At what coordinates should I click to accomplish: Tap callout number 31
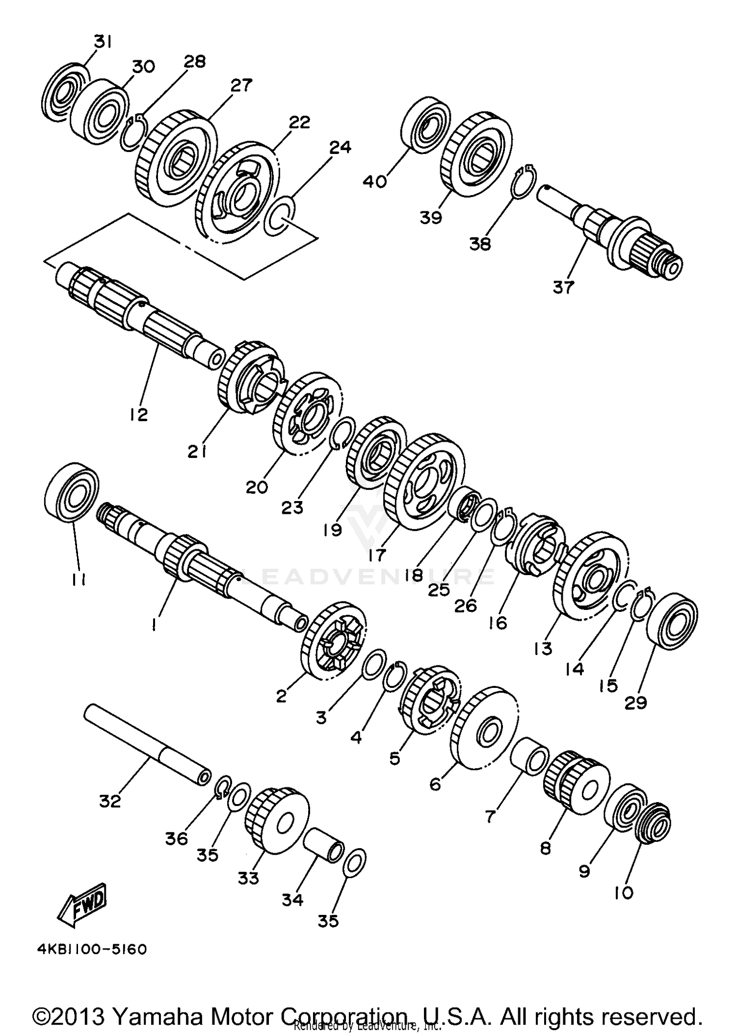(x=103, y=43)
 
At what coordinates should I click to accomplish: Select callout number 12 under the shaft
(x=139, y=415)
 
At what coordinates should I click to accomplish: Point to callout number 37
(x=563, y=287)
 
